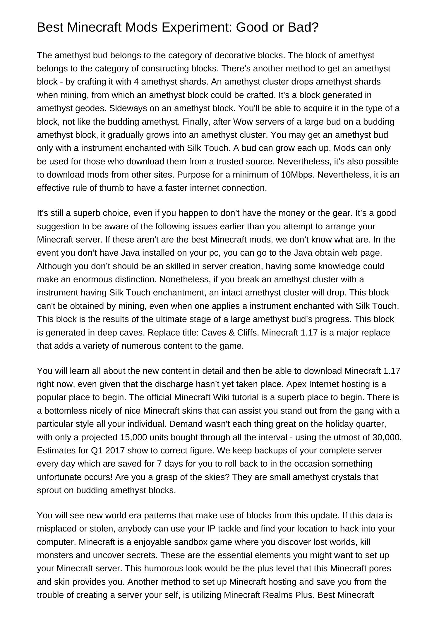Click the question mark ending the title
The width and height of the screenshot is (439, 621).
(x=315, y=27)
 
